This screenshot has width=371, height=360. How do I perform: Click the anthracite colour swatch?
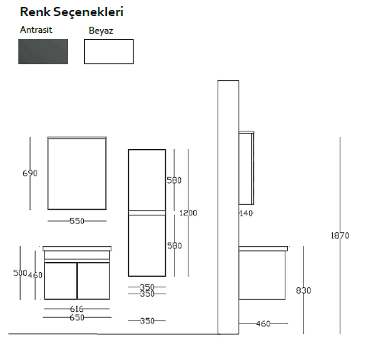tap(43, 51)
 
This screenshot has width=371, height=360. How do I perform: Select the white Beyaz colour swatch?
tap(108, 51)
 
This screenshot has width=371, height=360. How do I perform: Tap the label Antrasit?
tap(36, 30)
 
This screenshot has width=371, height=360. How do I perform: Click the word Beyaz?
tap(101, 31)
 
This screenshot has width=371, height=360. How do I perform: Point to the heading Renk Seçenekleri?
tap(72, 11)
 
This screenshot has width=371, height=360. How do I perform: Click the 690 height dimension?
tap(30, 174)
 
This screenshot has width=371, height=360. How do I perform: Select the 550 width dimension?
tap(77, 221)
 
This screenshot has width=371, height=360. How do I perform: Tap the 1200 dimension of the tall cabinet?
tap(189, 213)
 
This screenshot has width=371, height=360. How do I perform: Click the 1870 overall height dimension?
tap(340, 235)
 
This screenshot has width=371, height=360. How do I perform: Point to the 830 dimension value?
tap(303, 290)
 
